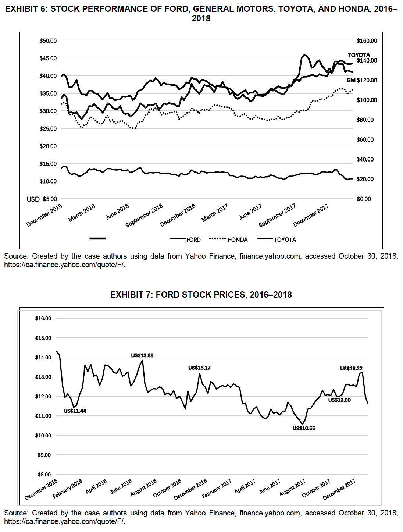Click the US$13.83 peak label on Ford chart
[x=142, y=355]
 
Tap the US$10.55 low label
[x=304, y=428]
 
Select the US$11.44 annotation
[x=75, y=411]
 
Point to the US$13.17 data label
[x=199, y=368]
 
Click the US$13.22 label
[x=351, y=369]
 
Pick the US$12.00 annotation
[x=339, y=400]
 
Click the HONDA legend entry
[x=237, y=240]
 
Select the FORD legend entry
[x=193, y=240]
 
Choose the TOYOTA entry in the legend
[x=285, y=240]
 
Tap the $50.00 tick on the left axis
[x=48, y=41]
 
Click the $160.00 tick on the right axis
[x=367, y=41]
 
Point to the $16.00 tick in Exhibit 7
[x=43, y=319]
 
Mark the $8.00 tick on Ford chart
[x=44, y=475]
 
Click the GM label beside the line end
[x=351, y=80]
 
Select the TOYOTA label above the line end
[x=359, y=55]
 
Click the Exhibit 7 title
[x=201, y=295]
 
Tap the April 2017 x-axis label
[x=245, y=486]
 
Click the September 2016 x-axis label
[x=145, y=215]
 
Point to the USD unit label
[x=33, y=199]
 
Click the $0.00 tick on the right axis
[x=364, y=199]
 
